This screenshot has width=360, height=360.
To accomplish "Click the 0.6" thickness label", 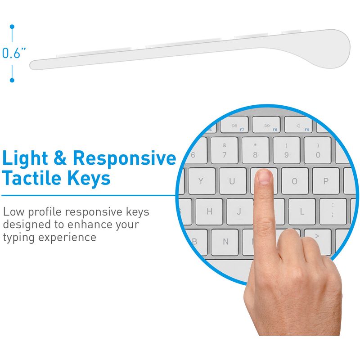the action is [14, 53].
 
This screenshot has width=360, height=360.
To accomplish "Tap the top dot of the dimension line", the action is [12, 27].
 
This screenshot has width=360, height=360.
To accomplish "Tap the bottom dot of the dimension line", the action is [12, 80].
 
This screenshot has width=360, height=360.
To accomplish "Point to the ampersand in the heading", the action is [60, 157].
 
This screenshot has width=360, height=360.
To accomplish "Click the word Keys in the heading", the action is [89, 180].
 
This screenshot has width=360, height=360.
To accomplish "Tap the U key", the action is [233, 181].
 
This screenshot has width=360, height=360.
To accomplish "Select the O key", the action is [295, 181].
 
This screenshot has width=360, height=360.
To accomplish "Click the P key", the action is [326, 181].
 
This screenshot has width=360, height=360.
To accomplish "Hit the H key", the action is [209, 211].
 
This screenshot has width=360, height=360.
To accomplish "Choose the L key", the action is [302, 211].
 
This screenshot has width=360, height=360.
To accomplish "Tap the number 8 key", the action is [255, 151].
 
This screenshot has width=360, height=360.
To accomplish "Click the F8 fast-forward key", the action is [266, 125].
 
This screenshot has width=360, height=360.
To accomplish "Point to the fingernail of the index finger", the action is [265, 177].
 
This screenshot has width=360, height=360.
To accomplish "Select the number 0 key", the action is [318, 151].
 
